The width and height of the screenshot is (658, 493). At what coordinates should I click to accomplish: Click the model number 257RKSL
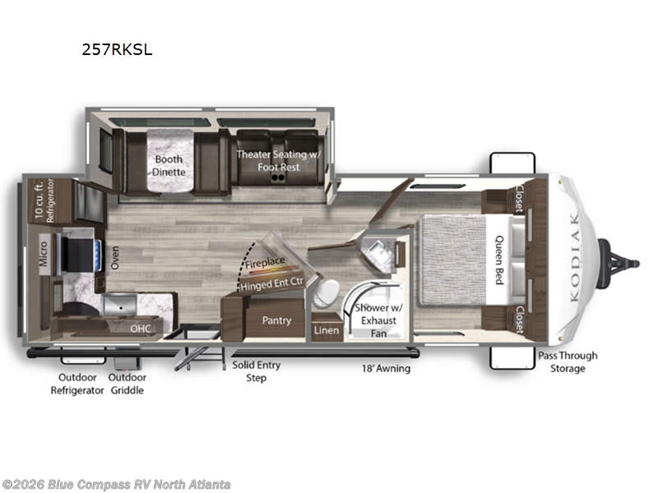click(x=117, y=49)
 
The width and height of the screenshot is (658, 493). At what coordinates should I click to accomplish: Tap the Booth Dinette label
click(x=169, y=166)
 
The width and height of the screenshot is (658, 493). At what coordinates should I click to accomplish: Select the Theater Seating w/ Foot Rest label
click(x=279, y=160)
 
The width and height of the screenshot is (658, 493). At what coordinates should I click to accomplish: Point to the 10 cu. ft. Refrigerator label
click(x=44, y=200)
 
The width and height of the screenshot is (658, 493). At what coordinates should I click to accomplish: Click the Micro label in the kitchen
click(x=44, y=254)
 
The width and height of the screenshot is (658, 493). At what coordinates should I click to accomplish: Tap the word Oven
click(x=114, y=257)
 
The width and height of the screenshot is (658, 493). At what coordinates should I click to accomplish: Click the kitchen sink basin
click(x=119, y=305)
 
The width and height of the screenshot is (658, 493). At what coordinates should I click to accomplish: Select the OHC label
click(x=140, y=328)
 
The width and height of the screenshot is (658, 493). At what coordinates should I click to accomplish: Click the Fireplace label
click(x=265, y=263)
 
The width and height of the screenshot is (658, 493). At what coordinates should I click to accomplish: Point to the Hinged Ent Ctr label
click(x=271, y=283)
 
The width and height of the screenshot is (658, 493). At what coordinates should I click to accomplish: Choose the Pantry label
click(x=276, y=320)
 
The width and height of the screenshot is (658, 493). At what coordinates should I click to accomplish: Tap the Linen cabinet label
click(x=327, y=330)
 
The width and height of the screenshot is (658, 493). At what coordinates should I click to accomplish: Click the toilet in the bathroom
click(x=326, y=293)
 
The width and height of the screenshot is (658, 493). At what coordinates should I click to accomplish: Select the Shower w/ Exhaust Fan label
click(x=378, y=320)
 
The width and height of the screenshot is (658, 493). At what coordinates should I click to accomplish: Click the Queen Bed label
click(x=499, y=260)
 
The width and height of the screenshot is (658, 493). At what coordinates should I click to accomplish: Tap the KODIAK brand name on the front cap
click(x=575, y=256)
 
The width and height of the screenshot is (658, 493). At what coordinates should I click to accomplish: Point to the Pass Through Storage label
click(x=568, y=362)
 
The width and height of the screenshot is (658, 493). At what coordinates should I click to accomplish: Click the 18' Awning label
click(x=386, y=368)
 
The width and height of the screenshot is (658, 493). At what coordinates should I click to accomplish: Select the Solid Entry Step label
click(x=257, y=371)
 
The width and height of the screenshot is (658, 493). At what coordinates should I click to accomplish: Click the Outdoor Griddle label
click(x=127, y=384)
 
